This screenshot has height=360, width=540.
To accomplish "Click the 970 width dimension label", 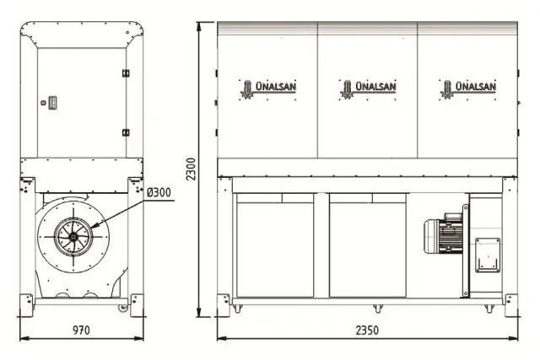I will tap(80, 329).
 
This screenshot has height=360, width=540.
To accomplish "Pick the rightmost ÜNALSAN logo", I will tap(468, 87).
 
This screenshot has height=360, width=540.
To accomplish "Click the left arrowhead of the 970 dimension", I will tap(22, 338).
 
